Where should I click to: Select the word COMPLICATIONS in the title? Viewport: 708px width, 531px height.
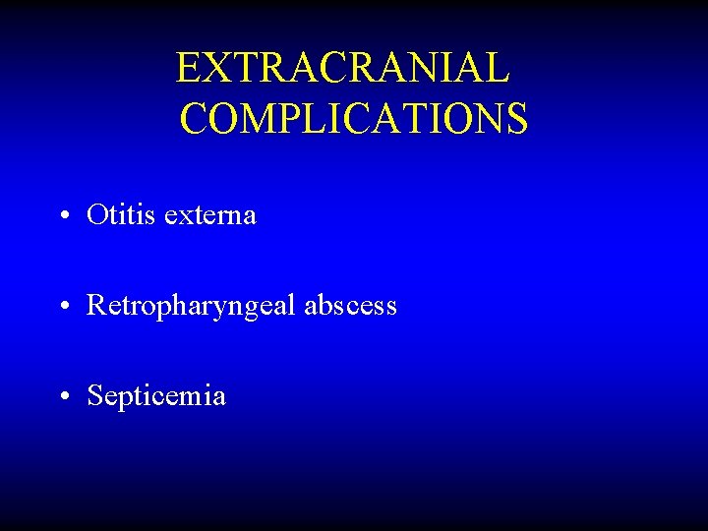354,119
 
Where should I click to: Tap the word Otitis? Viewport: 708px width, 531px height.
112,214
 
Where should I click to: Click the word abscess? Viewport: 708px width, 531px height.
350,306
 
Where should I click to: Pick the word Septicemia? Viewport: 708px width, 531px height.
156,397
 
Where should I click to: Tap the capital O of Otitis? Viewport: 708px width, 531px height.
96,214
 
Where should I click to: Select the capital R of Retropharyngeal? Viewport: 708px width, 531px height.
96,306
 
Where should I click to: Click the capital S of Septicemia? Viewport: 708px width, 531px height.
95,396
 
